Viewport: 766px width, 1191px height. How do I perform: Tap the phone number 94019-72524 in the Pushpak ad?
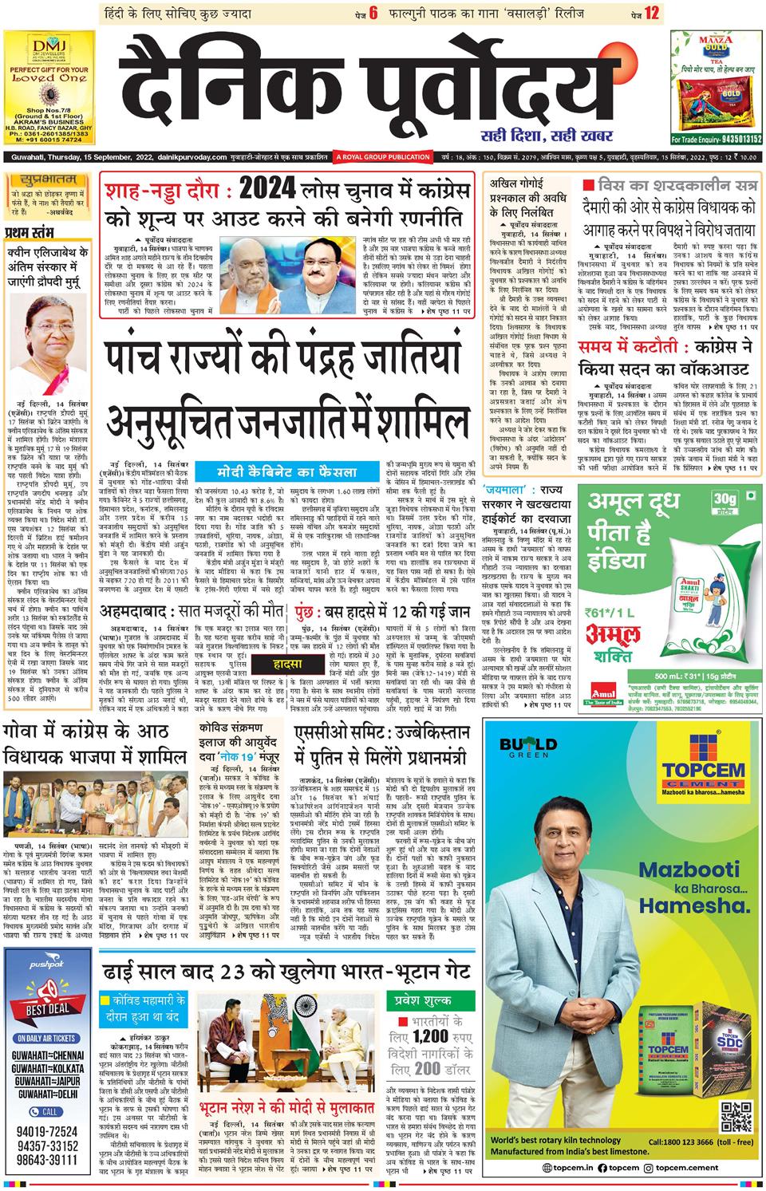pos(49,1131)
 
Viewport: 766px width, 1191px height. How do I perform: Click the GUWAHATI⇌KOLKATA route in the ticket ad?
pos(49,1067)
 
